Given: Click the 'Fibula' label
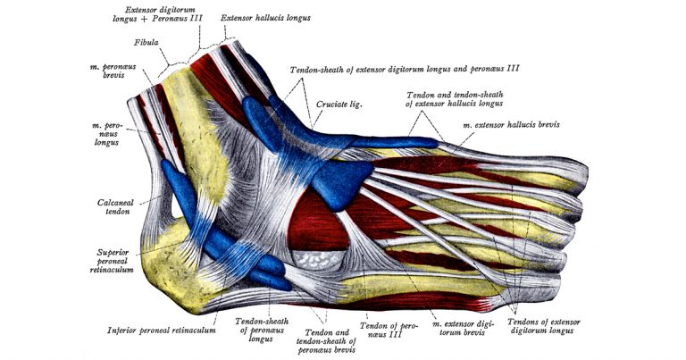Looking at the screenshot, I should (x=147, y=42).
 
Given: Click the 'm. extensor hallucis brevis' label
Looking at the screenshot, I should (x=513, y=125).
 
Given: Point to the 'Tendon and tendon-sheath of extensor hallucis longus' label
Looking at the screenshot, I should (x=455, y=99).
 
